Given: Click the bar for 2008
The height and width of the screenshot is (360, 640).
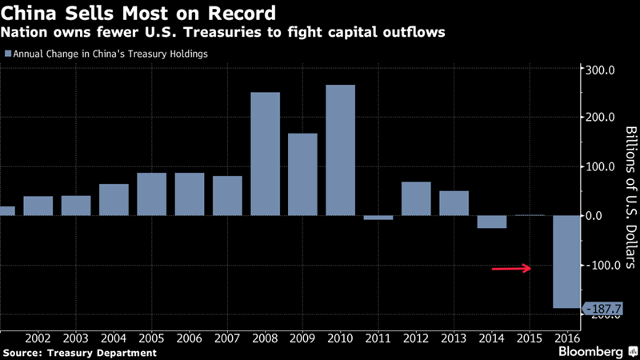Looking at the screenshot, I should pos(266,154).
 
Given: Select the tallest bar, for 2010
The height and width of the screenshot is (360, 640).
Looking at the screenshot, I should pos(341,150).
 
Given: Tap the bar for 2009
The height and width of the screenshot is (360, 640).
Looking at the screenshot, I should pos(303,174).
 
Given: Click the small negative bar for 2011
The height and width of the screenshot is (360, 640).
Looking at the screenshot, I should pos(378,218).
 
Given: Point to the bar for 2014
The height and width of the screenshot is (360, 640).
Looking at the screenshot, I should pos(492,222).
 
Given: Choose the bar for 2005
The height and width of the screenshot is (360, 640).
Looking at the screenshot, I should pos(152,194).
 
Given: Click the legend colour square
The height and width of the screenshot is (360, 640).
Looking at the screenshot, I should pos(8,54).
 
